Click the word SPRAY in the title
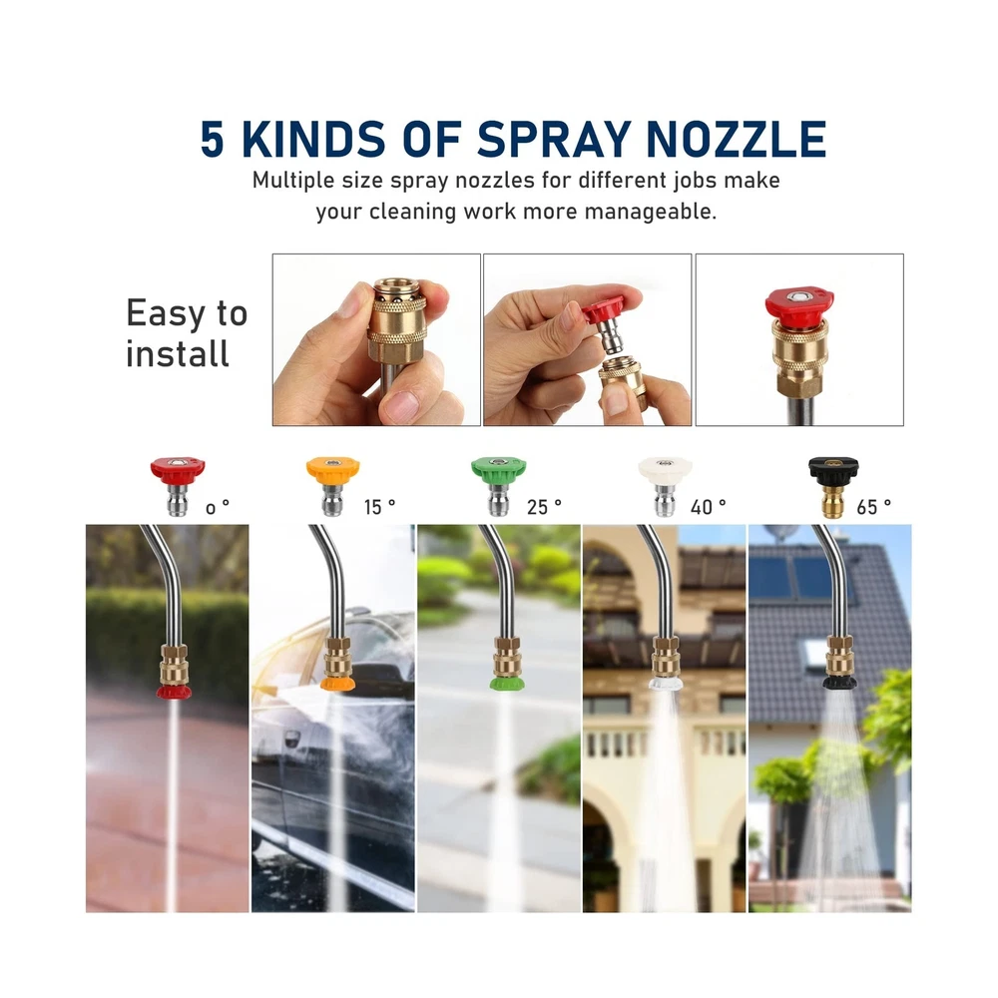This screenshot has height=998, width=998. coord(553,139)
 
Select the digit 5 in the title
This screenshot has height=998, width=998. coord(213,139)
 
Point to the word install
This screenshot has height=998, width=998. coord(177,353)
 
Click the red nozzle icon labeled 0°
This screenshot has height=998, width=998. coord(178,486)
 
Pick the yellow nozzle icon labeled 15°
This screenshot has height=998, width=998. coord(333,486)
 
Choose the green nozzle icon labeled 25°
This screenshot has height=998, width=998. coord(498,486)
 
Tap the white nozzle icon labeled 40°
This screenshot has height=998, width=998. coord(665,486)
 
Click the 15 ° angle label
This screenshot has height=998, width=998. coord(380,507)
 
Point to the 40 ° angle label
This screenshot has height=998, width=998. coord(709,507)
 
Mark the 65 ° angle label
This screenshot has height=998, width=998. coord(874,507)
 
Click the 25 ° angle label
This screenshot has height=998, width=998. coord(544,507)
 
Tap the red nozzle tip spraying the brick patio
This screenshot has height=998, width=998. coord(174,692)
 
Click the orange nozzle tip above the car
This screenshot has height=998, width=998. coord(337,684)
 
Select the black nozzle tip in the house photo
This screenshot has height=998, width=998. coord(840,683)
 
